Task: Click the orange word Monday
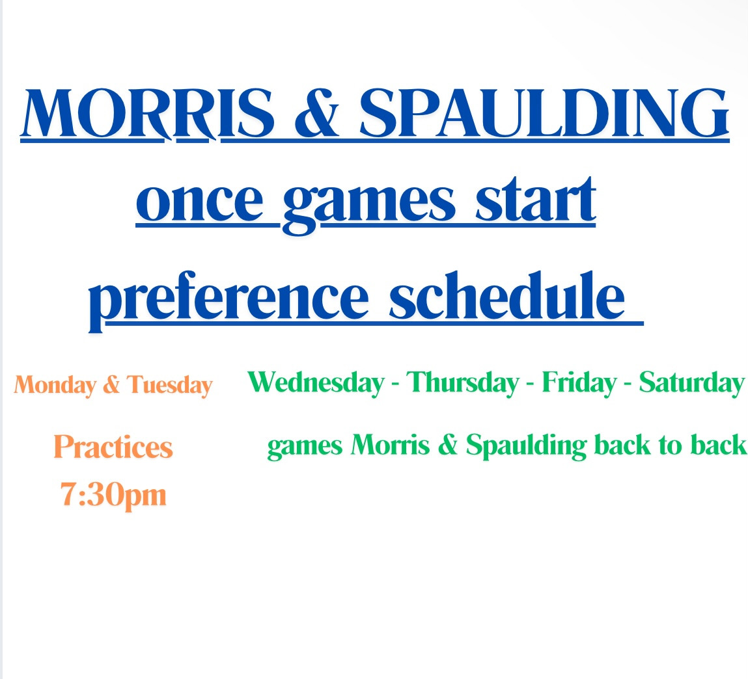tap(55, 386)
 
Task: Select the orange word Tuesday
tap(169, 386)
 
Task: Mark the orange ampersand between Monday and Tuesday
tap(111, 384)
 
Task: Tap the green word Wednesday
tap(316, 383)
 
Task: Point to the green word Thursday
tap(462, 383)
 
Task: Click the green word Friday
tap(579, 383)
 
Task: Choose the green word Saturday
tap(691, 383)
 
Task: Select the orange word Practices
tap(113, 447)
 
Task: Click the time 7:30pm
tap(113, 496)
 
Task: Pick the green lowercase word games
tap(305, 447)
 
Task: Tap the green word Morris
tap(390, 445)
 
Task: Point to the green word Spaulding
tap(527, 446)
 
